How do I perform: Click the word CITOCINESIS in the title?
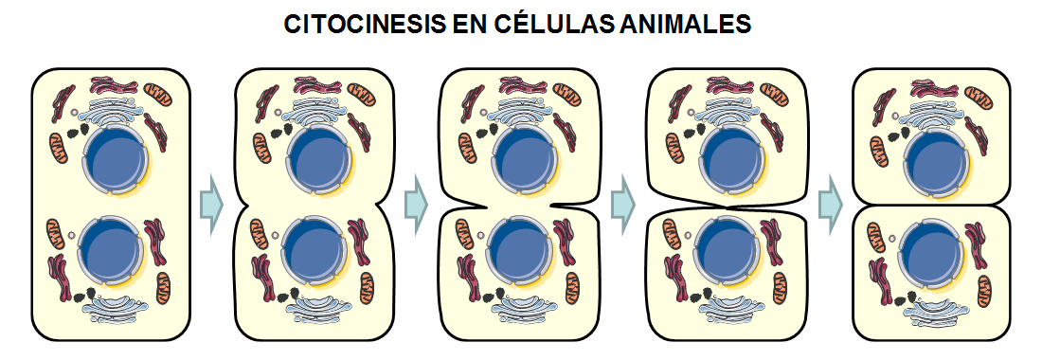coord(362,24)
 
